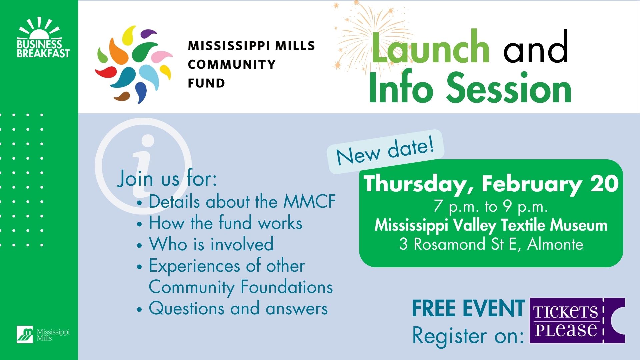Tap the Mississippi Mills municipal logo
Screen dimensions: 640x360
pos(43,334)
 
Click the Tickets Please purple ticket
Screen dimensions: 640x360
pos(577,321)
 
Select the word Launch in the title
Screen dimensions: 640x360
pos(430,48)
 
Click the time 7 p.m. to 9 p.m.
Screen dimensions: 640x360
pos(491,207)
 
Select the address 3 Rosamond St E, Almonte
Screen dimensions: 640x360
pos(491,244)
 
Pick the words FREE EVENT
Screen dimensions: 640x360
pos(468,308)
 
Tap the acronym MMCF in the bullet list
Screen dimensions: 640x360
pos(309,201)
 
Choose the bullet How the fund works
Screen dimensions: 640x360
pos(226,223)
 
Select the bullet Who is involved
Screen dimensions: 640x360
pos(211,244)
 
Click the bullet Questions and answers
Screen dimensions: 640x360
pos(238,308)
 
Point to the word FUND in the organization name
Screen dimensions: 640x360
pos(206,83)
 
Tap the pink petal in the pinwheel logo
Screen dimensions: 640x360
pos(162,56)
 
